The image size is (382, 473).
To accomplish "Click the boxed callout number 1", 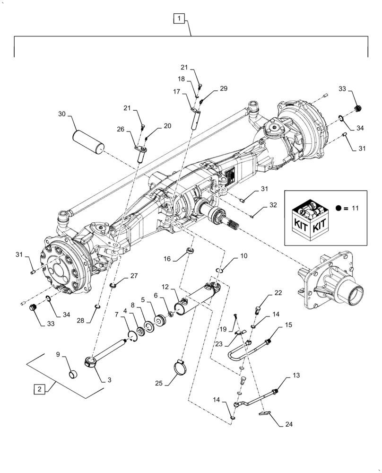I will (x=179, y=19).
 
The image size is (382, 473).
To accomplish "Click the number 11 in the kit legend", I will (x=356, y=208).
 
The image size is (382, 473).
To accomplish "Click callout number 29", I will (x=223, y=89).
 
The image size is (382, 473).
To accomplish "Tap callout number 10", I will (x=243, y=256).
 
